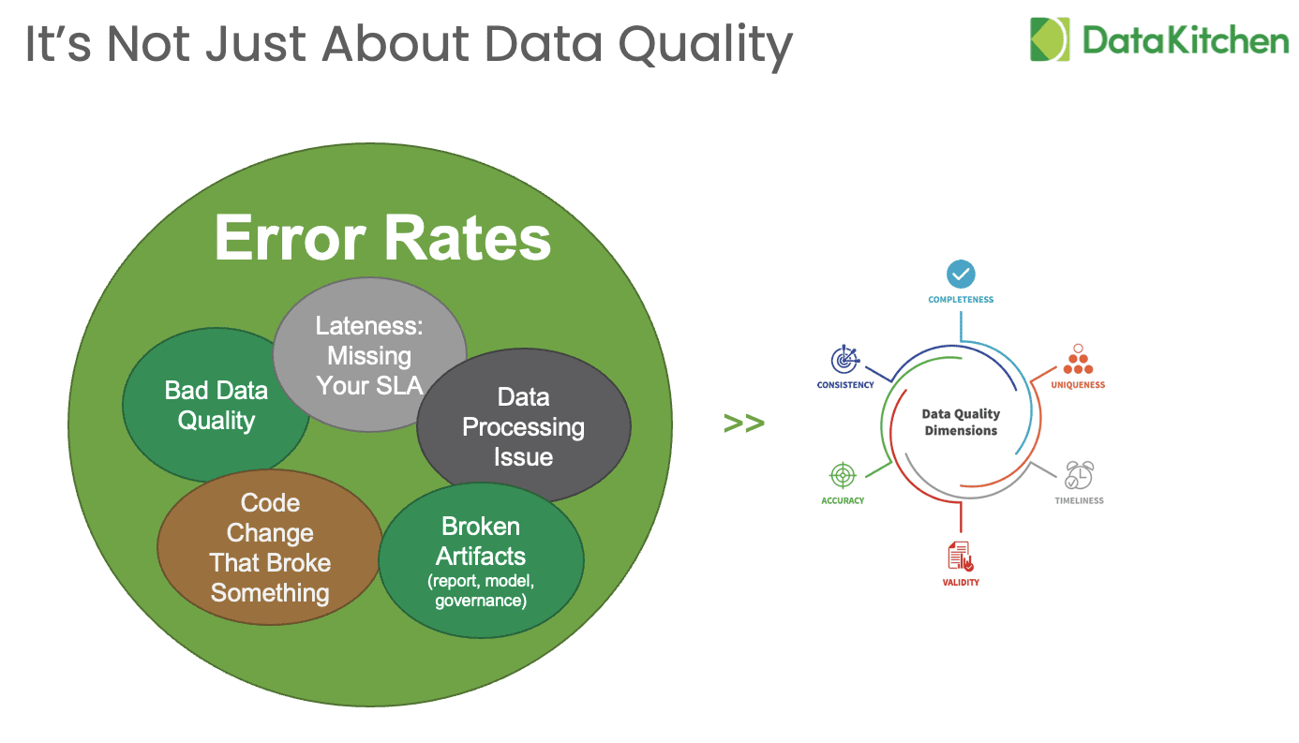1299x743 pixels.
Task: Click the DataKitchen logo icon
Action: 1050,39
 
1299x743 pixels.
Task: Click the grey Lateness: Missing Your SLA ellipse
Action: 369,354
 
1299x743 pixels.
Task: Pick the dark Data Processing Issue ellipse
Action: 524,426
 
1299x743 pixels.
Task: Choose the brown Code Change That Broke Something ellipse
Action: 270,547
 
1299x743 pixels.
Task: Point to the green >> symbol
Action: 744,423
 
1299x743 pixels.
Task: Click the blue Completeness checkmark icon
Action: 961,275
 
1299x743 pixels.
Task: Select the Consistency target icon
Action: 844,359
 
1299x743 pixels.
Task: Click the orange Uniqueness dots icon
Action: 1078,360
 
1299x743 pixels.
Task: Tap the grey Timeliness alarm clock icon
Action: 1079,475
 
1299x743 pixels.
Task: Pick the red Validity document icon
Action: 961,557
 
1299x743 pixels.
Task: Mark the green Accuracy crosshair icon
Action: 843,475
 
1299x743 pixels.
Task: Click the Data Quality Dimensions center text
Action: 961,422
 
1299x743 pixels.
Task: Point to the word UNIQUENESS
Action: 1078,385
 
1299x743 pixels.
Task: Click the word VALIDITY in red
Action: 961,583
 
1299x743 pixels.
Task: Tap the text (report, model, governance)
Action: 481,590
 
